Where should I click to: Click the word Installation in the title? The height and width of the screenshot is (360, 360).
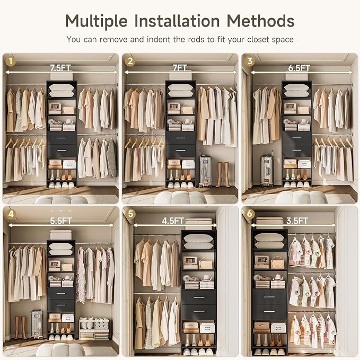[177, 21]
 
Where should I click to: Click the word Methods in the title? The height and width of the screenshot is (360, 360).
[260, 21]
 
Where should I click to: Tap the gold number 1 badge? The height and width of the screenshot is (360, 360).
[11, 61]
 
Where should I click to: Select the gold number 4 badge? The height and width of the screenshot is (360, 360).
[11, 214]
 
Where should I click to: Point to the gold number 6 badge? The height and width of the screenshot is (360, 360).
[250, 214]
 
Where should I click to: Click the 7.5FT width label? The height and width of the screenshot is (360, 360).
[60, 68]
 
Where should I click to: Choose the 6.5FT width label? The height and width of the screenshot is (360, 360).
[299, 68]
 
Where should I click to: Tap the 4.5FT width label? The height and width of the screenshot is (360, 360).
[173, 221]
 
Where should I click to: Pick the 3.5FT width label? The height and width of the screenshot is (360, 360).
[297, 221]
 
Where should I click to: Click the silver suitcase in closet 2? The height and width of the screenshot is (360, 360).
[205, 169]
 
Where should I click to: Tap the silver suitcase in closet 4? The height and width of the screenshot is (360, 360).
[37, 323]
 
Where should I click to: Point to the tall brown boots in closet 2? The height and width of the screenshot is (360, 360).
[223, 174]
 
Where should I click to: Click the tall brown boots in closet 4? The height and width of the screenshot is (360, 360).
[21, 328]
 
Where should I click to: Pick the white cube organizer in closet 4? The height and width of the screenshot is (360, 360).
[94, 329]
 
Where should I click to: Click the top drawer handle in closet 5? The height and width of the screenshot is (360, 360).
[199, 297]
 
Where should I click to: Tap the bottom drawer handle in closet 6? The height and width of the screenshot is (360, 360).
[269, 312]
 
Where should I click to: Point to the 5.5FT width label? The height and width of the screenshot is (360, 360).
[61, 221]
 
